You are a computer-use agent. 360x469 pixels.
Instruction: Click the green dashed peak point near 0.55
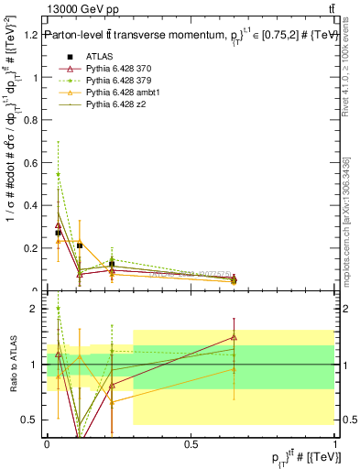tap(59, 174)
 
